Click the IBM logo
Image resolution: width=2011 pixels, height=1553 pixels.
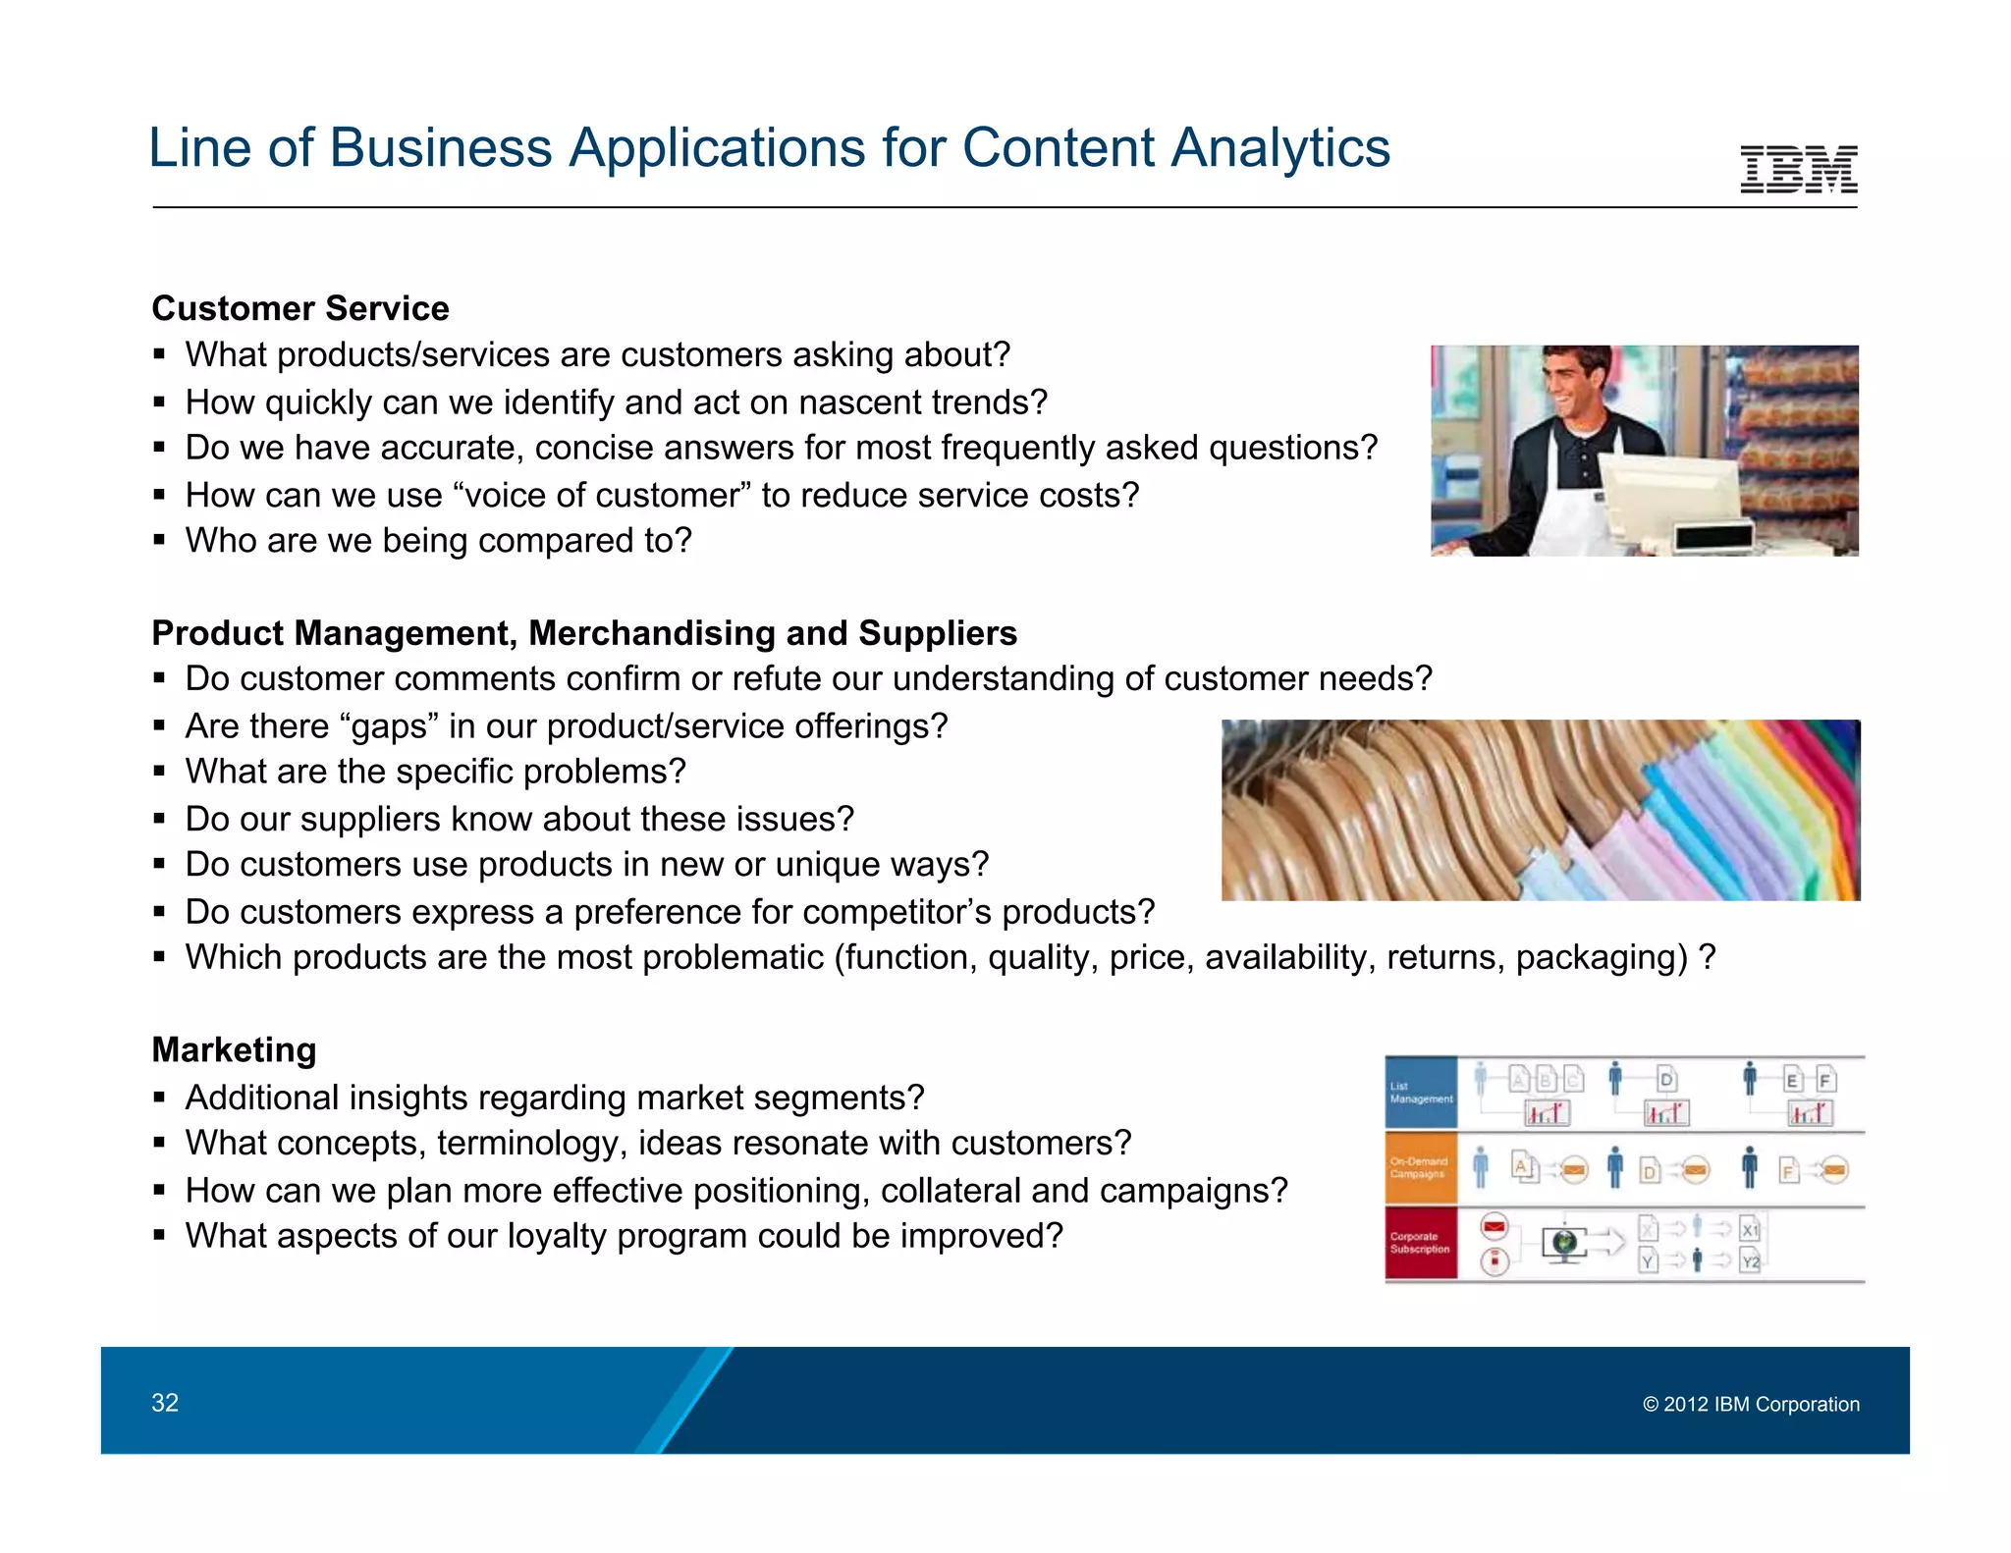point(1798,169)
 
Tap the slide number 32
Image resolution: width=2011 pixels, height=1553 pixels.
point(165,1403)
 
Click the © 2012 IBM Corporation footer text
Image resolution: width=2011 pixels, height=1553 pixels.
point(1751,1404)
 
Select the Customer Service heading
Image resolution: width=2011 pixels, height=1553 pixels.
point(300,308)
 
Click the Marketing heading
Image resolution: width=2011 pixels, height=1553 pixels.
point(234,1049)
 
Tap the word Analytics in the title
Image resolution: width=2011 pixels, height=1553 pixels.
point(1279,148)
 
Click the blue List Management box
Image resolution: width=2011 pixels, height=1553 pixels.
point(1420,1093)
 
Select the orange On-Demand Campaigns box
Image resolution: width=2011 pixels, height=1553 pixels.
point(1420,1167)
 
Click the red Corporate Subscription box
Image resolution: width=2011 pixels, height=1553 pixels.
point(1420,1243)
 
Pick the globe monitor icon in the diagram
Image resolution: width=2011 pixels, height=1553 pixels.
point(1564,1244)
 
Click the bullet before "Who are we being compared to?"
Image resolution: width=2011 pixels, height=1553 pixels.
point(159,541)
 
